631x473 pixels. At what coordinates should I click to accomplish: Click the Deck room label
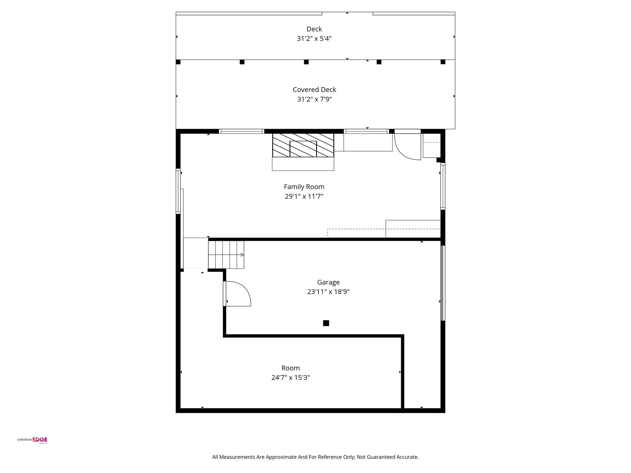click(314, 29)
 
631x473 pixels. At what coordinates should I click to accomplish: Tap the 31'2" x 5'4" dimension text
click(314, 39)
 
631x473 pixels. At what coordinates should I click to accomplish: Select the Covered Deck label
click(314, 90)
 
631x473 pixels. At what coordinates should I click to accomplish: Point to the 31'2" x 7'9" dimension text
click(314, 99)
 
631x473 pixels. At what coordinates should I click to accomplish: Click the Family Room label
click(304, 187)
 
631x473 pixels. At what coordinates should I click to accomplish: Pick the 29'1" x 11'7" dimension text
click(304, 196)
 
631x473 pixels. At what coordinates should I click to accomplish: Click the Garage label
click(328, 282)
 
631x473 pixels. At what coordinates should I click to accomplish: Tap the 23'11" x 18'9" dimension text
click(328, 292)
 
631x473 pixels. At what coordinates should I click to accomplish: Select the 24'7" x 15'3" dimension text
click(291, 378)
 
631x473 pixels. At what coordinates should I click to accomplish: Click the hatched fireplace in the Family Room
click(303, 145)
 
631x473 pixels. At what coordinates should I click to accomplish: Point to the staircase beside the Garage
click(226, 255)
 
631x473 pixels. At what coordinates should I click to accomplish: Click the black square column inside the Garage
click(326, 323)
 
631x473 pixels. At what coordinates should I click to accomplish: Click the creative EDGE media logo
click(32, 440)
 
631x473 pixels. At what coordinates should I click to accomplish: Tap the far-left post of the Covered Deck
click(178, 62)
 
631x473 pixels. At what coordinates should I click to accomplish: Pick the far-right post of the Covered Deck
click(443, 62)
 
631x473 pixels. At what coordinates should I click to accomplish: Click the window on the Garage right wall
click(443, 283)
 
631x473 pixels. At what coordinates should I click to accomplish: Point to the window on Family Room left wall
click(178, 191)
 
